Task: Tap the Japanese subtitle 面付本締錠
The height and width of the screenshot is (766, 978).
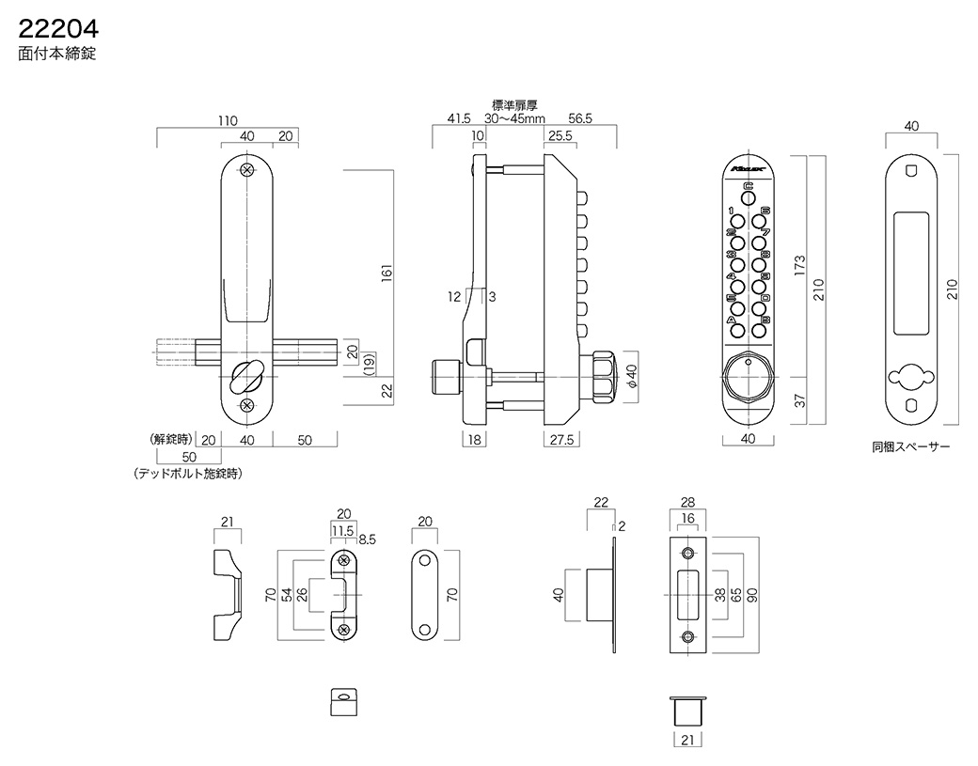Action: point(56,55)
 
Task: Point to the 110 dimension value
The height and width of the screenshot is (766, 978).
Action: point(228,121)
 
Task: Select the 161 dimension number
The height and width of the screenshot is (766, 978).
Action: point(386,273)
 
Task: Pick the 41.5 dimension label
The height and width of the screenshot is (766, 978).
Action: point(459,119)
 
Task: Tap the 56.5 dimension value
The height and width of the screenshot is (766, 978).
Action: point(581,119)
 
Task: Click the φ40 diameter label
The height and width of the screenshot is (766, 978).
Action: point(632,377)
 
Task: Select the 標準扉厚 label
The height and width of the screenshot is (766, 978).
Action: point(514,105)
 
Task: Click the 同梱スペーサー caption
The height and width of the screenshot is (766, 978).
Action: point(910,446)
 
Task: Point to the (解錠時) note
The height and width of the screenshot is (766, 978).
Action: point(170,439)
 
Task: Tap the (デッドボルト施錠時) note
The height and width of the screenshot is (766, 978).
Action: point(188,474)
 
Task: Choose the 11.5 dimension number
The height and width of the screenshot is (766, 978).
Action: point(342,531)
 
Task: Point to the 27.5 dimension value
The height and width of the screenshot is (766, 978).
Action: point(562,439)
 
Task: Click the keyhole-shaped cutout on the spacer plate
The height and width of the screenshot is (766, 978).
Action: point(910,378)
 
